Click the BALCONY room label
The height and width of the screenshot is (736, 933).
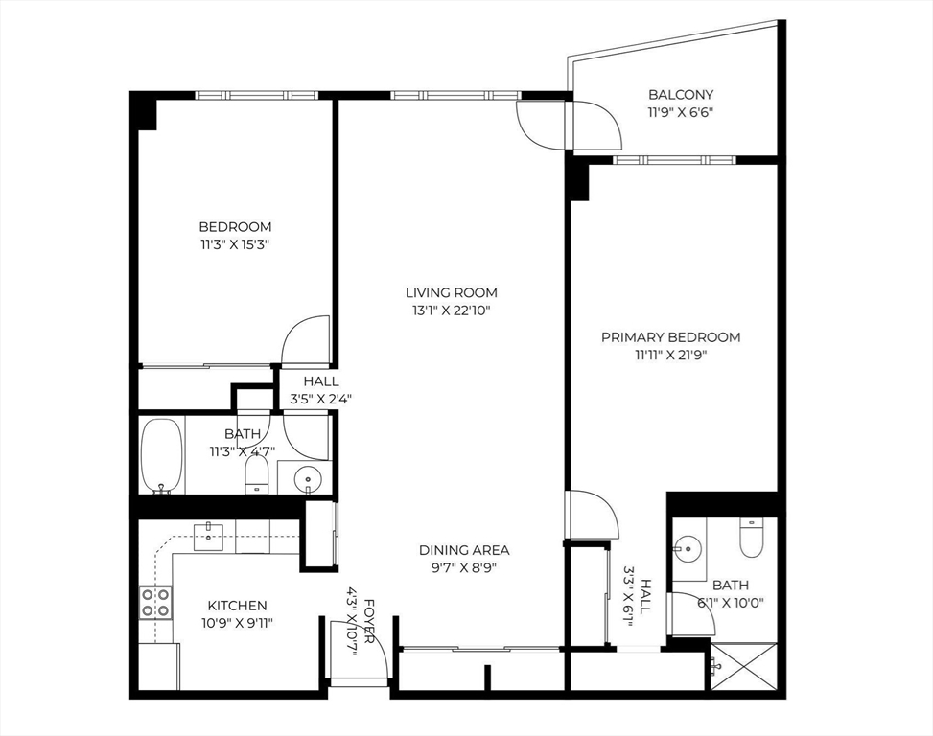(681, 94)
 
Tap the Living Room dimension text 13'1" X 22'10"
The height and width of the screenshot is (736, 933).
(451, 310)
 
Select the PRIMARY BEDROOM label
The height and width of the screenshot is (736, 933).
(670, 336)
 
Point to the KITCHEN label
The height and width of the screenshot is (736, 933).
(237, 606)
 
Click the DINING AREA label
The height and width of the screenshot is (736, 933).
(464, 550)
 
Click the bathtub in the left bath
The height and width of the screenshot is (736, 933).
(161, 455)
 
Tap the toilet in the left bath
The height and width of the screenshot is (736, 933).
(256, 473)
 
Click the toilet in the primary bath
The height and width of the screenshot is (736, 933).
(750, 538)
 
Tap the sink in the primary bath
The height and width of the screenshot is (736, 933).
(688, 549)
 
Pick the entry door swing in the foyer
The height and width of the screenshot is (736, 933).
(364, 650)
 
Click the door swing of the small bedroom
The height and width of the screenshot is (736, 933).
(305, 337)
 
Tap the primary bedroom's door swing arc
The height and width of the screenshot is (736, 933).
(591, 516)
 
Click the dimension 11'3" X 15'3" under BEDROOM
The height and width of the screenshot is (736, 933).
(235, 244)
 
